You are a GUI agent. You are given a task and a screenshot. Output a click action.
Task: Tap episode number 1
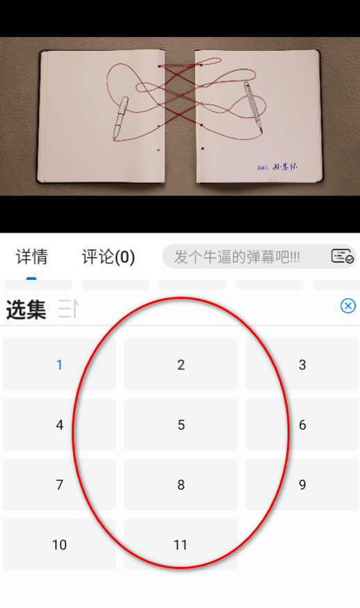pos(59,364)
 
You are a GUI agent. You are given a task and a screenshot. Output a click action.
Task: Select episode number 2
pos(180,364)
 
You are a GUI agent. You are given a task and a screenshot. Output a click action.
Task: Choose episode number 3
pos(302,364)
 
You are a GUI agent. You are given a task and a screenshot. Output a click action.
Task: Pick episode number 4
pos(59,425)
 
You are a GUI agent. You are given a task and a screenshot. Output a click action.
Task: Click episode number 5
pos(180,425)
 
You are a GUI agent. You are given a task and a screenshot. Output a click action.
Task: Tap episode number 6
pos(302,425)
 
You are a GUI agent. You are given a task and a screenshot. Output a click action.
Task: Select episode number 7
pos(59,485)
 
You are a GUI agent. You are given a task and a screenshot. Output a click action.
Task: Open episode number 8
pos(180,485)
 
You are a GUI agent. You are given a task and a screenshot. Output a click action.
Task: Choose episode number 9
pos(302,485)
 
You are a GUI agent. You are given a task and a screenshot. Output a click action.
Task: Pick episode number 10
pos(59,545)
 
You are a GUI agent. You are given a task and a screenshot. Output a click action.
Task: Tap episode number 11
pos(180,545)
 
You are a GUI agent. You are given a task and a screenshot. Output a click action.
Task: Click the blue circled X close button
pos(348,306)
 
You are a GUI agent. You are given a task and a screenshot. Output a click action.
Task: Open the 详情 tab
pos(32,257)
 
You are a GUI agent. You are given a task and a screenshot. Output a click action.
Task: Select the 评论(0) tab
pos(108,257)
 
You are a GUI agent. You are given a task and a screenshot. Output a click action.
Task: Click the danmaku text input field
pos(240,257)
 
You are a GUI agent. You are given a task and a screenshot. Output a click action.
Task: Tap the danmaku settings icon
pos(342,256)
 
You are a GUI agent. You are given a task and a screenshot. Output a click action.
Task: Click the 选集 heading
pos(26,310)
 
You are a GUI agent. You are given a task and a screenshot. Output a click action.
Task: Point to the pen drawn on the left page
pos(120,116)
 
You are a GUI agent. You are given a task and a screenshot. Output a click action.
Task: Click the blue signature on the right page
pos(285,167)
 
